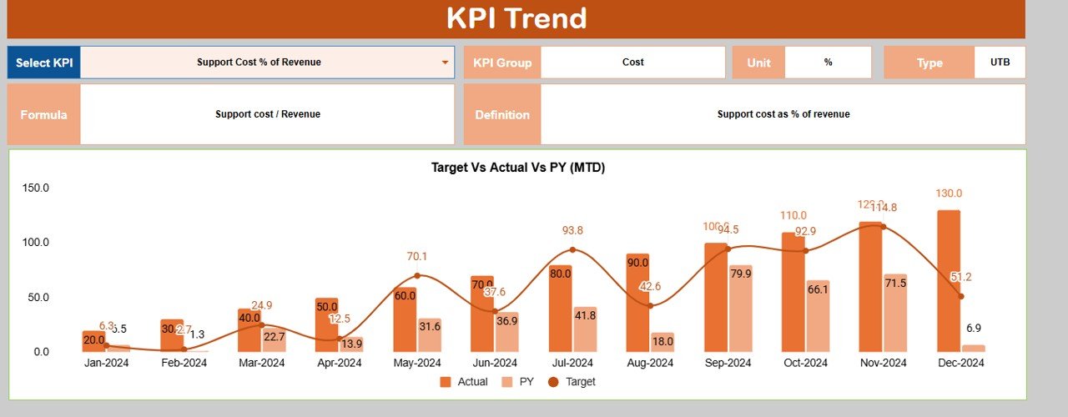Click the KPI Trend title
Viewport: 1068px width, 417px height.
pos(516,18)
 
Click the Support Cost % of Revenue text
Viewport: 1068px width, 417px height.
pos(259,63)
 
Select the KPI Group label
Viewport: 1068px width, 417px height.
pos(502,63)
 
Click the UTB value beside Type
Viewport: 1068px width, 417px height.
pos(1000,63)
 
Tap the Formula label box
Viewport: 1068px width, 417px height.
pos(43,114)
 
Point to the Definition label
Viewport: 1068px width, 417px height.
pos(502,114)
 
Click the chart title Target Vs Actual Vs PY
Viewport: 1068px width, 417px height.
pos(517,168)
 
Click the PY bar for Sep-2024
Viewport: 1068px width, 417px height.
pos(740,309)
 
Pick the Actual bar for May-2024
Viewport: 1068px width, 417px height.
pos(405,319)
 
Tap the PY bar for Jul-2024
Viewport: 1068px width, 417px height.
pos(585,329)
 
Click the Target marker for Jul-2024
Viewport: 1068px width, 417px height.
pos(572,249)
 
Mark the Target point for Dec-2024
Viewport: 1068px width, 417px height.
pos(961,296)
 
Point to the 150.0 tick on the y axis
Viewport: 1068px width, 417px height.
pos(36,188)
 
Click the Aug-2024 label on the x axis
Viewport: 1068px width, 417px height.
pos(650,363)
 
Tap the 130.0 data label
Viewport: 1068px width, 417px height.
pos(948,193)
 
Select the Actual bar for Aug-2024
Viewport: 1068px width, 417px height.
pos(637,303)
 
